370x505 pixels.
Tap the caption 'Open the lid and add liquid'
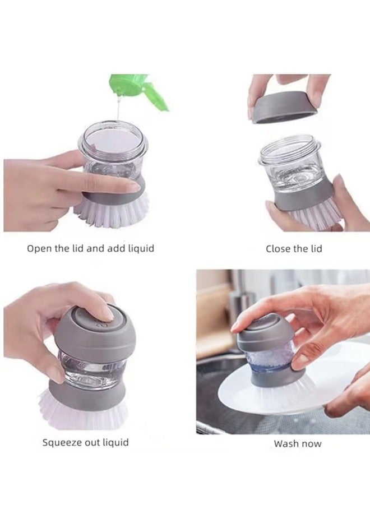tap(90, 248)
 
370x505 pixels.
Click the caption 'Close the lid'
tap(294, 249)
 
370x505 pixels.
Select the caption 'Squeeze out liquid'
tap(85, 442)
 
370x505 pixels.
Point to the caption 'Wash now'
tap(298, 444)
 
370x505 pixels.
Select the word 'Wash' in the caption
tap(285, 444)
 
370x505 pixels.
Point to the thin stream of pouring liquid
tap(119, 109)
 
